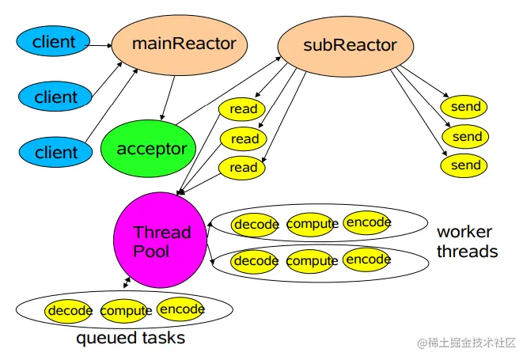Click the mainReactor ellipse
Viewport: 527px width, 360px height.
[180, 45]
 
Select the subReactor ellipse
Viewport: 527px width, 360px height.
[346, 47]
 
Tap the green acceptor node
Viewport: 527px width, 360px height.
[148, 148]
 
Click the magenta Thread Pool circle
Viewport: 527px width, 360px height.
[161, 240]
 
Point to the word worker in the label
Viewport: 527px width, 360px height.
[464, 232]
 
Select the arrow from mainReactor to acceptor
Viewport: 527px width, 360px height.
[168, 98]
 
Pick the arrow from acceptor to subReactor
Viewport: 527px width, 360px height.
[229, 90]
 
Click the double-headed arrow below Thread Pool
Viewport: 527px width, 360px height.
[127, 282]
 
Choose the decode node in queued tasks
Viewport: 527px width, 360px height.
[69, 311]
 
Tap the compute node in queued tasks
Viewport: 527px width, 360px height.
[125, 311]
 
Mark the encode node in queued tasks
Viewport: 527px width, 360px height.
[181, 309]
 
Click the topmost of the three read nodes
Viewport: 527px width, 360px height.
[242, 109]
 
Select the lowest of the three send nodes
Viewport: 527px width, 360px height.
[464, 165]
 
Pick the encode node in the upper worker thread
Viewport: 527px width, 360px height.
[367, 222]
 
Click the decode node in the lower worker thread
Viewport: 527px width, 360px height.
[255, 261]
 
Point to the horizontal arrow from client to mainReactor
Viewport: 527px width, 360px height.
[100, 45]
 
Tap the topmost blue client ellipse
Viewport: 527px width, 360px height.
[53, 41]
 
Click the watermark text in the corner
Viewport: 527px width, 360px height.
[467, 343]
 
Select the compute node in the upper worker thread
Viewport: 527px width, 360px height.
[312, 224]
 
